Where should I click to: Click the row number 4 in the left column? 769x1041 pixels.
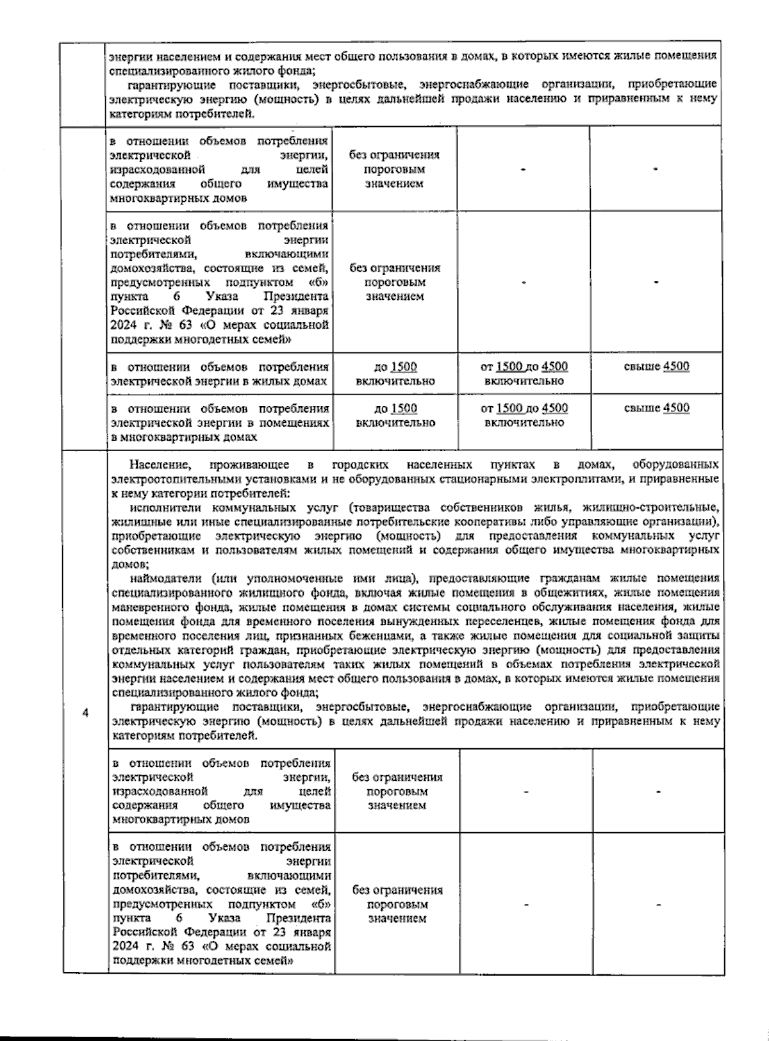(x=85, y=714)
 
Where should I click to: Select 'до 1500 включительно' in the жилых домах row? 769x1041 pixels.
(x=395, y=374)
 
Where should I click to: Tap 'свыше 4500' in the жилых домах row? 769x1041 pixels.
(x=657, y=367)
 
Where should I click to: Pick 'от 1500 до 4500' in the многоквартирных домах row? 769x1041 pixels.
(x=524, y=409)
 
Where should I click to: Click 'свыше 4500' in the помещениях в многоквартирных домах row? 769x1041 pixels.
(x=657, y=409)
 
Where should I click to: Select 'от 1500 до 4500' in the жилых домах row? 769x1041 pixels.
(x=524, y=367)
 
